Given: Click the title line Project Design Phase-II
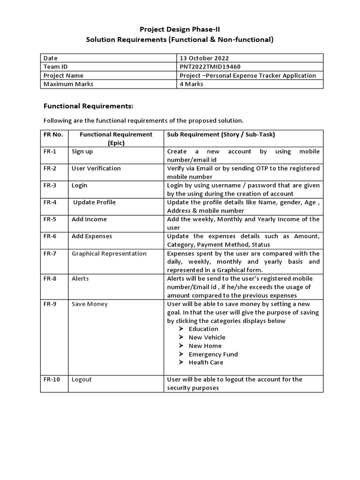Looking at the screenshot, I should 180,29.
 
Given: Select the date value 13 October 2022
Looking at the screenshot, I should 204,58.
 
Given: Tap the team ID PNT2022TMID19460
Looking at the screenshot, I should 210,67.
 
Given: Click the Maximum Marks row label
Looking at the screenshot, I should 68,84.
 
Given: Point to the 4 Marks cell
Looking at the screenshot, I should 191,84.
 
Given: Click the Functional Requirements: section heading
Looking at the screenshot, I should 89,106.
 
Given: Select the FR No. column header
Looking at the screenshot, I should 53,135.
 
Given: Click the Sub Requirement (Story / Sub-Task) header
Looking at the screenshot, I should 221,135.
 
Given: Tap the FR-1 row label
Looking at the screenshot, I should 50,151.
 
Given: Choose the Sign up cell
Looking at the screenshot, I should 82,151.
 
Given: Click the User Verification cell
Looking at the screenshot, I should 96,168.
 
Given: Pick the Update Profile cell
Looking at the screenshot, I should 94,202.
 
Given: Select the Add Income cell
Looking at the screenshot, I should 89,219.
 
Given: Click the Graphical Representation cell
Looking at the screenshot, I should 109,253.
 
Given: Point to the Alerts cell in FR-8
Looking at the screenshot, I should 80,278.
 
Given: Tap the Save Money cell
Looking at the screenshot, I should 90,304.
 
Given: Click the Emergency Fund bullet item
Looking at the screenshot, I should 213,354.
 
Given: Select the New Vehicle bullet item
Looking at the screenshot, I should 207,337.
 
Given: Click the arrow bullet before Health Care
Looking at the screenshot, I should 181,362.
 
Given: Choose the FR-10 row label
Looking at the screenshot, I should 52,379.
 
